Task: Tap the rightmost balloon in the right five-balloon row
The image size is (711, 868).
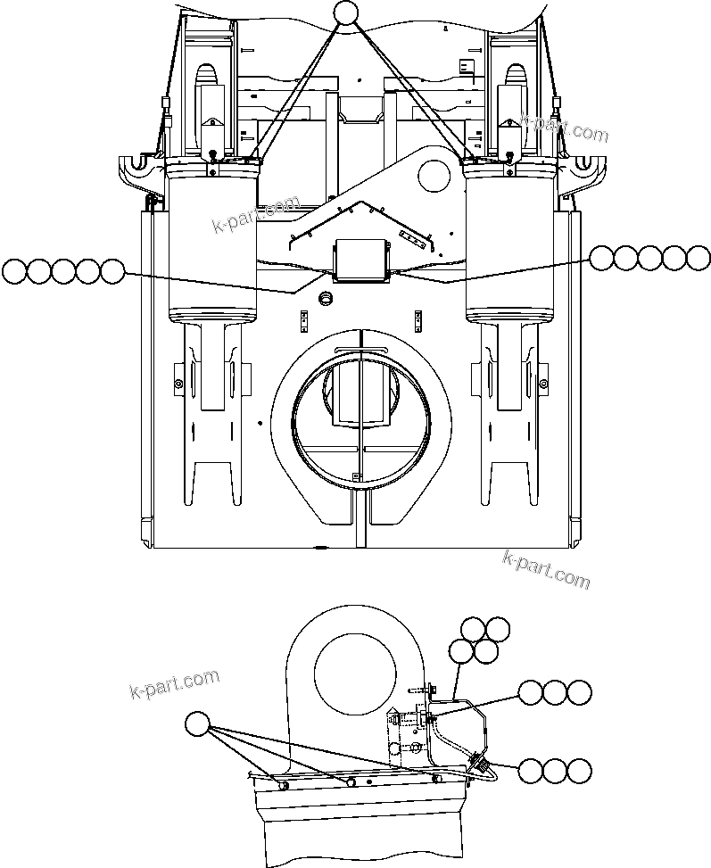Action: click(x=699, y=258)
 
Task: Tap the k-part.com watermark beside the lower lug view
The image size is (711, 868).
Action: click(x=174, y=684)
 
